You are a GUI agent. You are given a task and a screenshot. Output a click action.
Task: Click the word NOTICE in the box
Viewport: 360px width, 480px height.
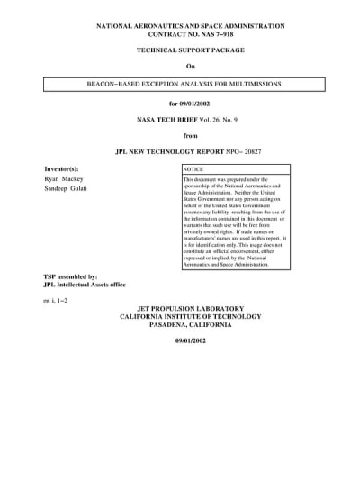pos(193,168)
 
